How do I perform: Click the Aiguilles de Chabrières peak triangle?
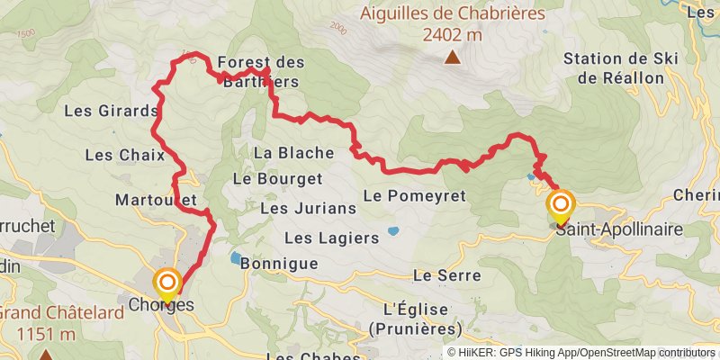pos(452,58)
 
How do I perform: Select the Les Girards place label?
pos(112,112)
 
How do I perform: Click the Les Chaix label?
pos(124,155)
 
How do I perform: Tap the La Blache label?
pos(293,152)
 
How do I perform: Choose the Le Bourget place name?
pos(277,178)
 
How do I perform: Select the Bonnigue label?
pos(280,264)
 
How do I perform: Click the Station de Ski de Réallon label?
pos(620,68)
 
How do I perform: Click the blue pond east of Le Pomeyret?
pos(394,231)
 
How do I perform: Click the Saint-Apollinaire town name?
pos(618,230)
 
